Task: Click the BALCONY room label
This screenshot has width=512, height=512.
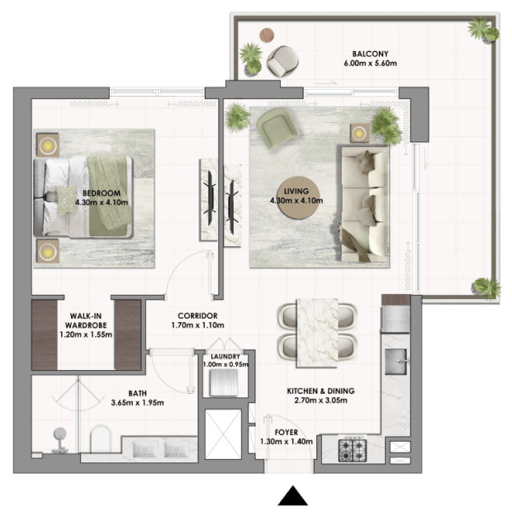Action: pos(370,54)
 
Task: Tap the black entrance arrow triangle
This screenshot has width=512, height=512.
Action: pos(293,495)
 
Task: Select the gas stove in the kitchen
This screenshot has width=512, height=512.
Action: pos(353,450)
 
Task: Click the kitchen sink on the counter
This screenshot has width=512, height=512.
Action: pos(396,361)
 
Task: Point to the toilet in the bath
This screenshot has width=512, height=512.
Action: pos(100,439)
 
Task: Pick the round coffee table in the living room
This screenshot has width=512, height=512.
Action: pos(296,198)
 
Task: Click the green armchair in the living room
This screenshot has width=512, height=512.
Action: pos(277,128)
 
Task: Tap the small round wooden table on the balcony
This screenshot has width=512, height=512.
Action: pos(267,35)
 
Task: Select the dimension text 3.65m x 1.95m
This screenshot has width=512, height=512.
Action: pos(137,403)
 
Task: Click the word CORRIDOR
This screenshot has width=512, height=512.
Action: pos(197,315)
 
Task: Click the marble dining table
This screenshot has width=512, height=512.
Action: pos(317,333)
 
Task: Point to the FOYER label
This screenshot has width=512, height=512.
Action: pos(287,433)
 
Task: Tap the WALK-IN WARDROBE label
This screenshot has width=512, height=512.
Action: pos(86,320)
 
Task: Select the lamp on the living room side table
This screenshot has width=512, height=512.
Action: pos(359,133)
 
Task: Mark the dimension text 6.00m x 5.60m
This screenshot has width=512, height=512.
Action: pos(370,64)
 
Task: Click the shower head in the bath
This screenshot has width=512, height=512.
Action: pos(60,434)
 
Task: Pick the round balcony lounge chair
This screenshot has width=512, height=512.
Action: pos(282,61)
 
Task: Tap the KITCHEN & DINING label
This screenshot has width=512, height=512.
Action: pos(320,391)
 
